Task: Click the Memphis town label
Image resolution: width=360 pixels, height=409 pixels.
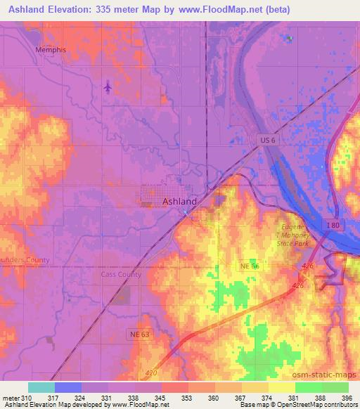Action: [51, 50]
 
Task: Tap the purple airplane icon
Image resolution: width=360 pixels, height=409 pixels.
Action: [107, 87]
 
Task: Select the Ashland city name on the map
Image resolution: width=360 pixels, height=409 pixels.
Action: [179, 201]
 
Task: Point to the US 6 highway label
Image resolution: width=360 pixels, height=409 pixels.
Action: [264, 141]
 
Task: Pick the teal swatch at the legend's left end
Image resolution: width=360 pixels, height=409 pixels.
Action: [41, 387]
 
